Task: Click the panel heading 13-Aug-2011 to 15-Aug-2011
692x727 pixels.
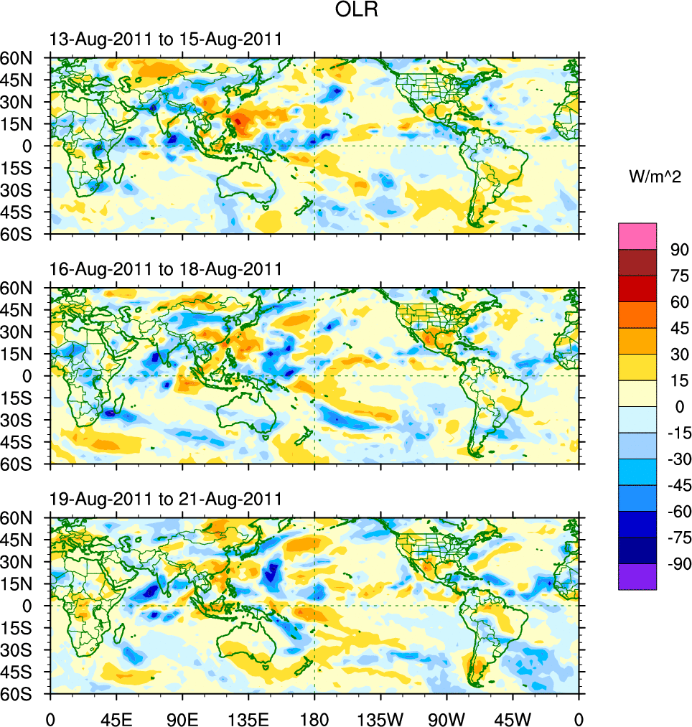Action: click(165, 39)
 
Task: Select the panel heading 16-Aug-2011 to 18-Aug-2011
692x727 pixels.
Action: click(165, 269)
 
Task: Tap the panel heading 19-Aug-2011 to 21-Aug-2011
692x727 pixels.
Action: click(165, 499)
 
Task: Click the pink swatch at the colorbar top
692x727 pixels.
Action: click(637, 235)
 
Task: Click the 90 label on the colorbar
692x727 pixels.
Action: click(679, 250)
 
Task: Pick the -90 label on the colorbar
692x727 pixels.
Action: click(677, 564)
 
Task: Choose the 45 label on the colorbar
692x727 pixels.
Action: click(679, 328)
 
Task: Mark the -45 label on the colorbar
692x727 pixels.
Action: click(677, 486)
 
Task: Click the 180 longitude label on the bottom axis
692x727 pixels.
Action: click(314, 718)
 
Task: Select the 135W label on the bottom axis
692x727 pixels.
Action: click(380, 718)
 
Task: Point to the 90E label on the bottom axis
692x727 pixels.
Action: click(182, 718)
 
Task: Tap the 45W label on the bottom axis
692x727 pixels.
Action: click(513, 718)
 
